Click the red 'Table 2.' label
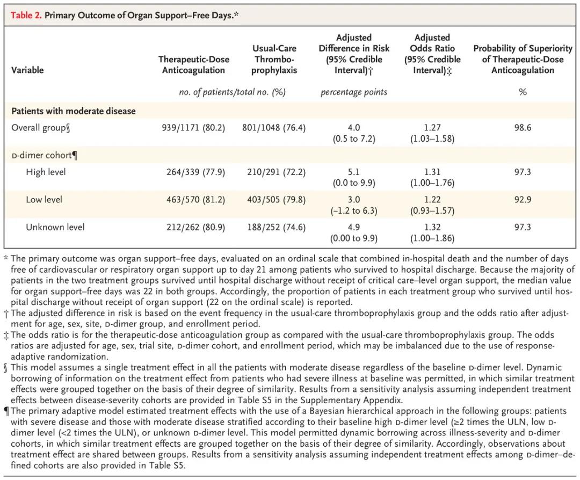click(26, 16)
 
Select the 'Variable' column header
click(27, 70)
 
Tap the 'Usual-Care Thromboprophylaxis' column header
click(274, 59)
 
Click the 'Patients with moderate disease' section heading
click(73, 111)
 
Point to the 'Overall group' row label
click(41, 128)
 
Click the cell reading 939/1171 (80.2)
click(193, 128)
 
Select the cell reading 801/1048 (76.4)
click(274, 128)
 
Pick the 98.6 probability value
click(523, 128)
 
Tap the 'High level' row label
click(46, 172)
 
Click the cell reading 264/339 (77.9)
click(195, 172)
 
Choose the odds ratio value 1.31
click(432, 172)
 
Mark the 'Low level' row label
click(44, 200)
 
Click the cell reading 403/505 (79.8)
click(277, 200)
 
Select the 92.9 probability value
click(523, 200)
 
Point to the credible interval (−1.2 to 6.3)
click(353, 211)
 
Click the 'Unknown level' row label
click(55, 227)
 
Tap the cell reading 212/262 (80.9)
click(195, 227)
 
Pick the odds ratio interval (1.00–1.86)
click(432, 238)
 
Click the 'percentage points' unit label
click(353, 92)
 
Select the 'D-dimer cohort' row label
click(45, 155)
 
